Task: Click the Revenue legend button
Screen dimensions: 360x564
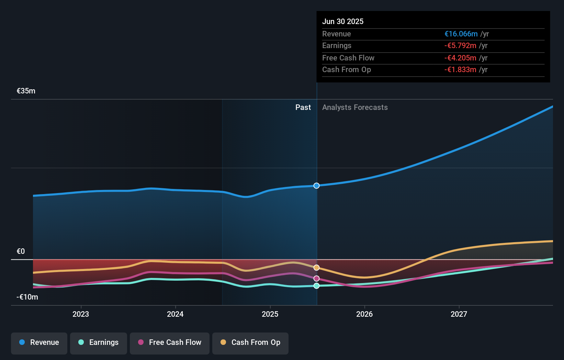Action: pyautogui.click(x=39, y=342)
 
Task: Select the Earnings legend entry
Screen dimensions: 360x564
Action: pyautogui.click(x=99, y=342)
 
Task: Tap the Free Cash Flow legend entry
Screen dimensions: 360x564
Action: pyautogui.click(x=170, y=342)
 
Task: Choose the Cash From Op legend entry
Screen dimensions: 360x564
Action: pyautogui.click(x=250, y=342)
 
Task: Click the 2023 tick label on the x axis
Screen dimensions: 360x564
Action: pyautogui.click(x=81, y=314)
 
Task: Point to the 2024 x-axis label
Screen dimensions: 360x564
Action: pyautogui.click(x=175, y=314)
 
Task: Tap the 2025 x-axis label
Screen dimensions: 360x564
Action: pyautogui.click(x=270, y=314)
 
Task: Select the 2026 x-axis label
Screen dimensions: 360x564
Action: pyautogui.click(x=364, y=314)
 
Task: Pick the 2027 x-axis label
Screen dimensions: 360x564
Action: pyautogui.click(x=459, y=314)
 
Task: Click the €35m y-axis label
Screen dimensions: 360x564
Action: pyautogui.click(x=26, y=91)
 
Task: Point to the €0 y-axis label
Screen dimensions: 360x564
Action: pyautogui.click(x=21, y=251)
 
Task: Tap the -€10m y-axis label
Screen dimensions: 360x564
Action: pyautogui.click(x=27, y=297)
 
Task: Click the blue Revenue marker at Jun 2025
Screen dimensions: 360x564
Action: pyautogui.click(x=317, y=186)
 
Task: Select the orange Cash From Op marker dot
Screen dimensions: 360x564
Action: pyautogui.click(x=317, y=268)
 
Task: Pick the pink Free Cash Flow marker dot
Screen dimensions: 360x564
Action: pyautogui.click(x=317, y=279)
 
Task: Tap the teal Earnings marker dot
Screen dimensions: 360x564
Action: pyautogui.click(x=317, y=286)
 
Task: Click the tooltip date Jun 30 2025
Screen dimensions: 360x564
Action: pyautogui.click(x=343, y=22)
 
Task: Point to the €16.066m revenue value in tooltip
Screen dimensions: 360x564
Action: pyautogui.click(x=461, y=34)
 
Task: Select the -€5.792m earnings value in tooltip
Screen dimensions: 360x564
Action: pyautogui.click(x=460, y=46)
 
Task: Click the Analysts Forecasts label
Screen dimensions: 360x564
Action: pyautogui.click(x=355, y=108)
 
